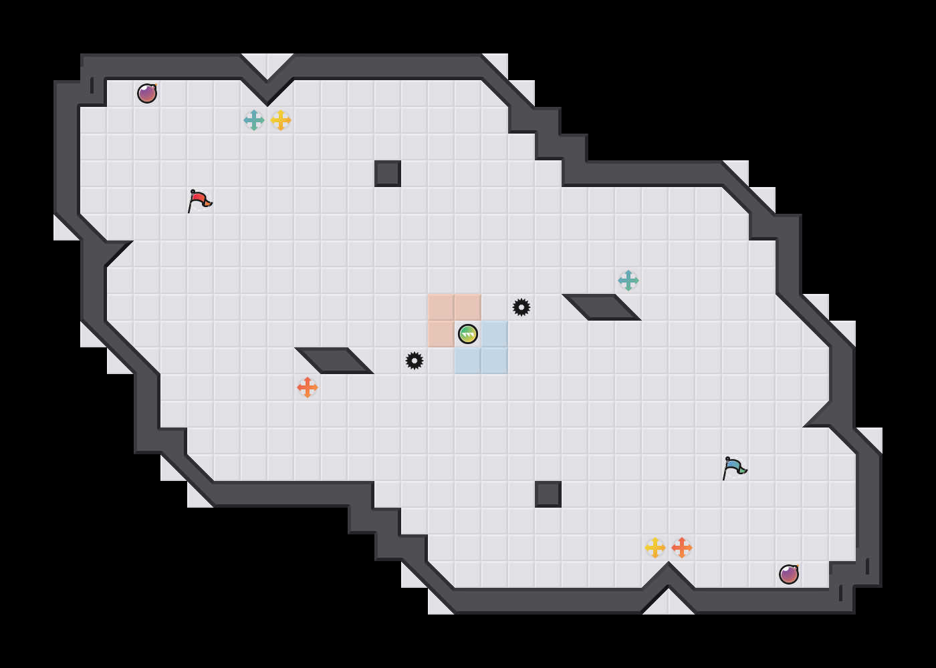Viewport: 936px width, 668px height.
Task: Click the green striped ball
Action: (468, 334)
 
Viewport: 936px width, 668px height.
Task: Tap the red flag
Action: (199, 200)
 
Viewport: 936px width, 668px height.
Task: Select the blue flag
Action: (733, 468)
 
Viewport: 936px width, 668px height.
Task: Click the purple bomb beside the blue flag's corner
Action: (789, 574)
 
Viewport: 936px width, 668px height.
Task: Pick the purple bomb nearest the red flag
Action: (147, 94)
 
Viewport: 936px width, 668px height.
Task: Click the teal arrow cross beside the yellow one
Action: (254, 120)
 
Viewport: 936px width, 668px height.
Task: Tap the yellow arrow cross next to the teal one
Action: (281, 120)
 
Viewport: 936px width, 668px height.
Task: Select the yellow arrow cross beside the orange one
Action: (655, 548)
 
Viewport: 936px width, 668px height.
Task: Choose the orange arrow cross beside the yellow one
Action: (682, 548)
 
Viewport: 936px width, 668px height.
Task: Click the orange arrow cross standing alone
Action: (308, 387)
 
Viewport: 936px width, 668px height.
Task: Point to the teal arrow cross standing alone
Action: (628, 281)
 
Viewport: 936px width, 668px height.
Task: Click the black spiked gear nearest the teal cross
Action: (521, 307)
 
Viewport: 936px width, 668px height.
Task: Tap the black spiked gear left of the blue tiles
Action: (415, 361)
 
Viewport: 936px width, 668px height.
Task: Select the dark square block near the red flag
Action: (388, 174)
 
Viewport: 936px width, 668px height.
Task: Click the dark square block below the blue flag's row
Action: (548, 494)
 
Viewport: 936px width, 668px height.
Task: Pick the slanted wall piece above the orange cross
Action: (334, 361)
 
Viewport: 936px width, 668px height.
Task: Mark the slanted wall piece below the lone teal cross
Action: (602, 307)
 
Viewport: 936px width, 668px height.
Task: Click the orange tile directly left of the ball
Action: (441, 334)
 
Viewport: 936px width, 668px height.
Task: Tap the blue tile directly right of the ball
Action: (495, 334)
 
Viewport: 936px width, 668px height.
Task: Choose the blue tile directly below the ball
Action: (468, 361)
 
